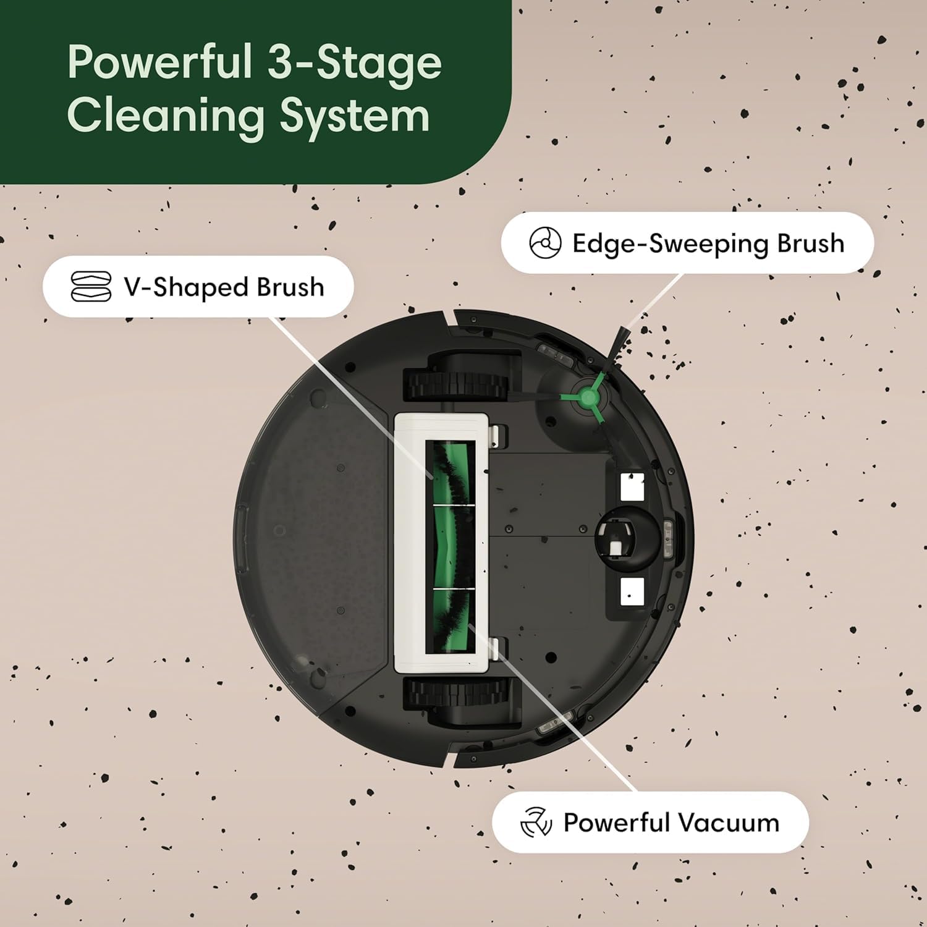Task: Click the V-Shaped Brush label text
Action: (224, 287)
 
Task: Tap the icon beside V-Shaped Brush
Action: (91, 287)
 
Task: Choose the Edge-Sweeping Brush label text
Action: (708, 243)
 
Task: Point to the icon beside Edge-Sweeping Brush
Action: (545, 243)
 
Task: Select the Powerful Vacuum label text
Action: (671, 823)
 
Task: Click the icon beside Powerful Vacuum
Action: (535, 823)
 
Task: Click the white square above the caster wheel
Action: (632, 487)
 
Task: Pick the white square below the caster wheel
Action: (632, 592)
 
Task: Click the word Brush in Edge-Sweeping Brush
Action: (810, 243)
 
